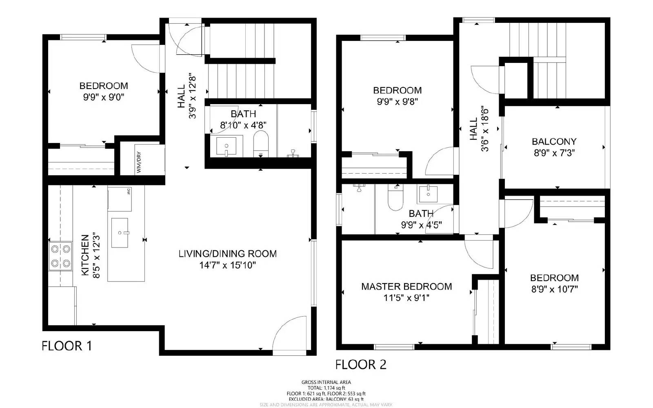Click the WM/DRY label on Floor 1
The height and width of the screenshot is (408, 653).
coord(139,162)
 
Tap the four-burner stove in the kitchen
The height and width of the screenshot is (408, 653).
coord(60,256)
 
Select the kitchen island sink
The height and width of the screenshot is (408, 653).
coord(120,233)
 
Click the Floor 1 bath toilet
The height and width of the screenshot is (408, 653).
coord(261,143)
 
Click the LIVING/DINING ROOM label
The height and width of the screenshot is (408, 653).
coord(228,254)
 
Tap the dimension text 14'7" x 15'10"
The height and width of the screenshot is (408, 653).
coord(228,265)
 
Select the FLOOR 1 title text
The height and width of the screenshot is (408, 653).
coord(67,346)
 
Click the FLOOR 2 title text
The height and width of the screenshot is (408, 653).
coord(361,364)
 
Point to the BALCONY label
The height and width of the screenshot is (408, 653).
coord(554,142)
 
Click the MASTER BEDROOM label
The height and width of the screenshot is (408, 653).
coord(406,287)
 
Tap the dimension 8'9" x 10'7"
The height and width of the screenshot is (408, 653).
coord(554,289)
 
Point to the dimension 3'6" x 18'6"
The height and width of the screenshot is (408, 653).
coord(485,129)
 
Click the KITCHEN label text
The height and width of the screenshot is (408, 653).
coord(85,255)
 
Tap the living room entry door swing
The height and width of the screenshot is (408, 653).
coord(289,334)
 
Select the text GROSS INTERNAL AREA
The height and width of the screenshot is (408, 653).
coord(326,382)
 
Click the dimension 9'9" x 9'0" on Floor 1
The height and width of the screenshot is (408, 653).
coord(104,97)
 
